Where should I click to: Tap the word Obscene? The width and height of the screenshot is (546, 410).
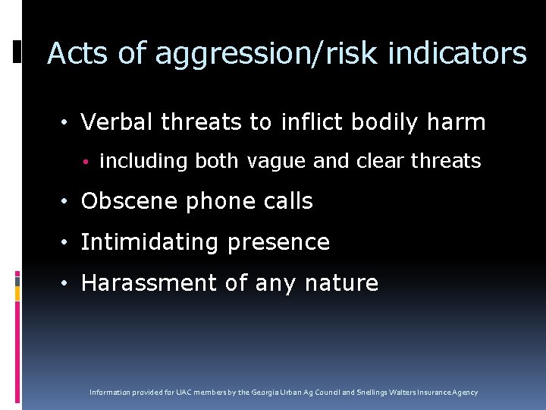coord(123,201)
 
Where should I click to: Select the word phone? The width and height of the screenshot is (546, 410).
coord(206,202)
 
